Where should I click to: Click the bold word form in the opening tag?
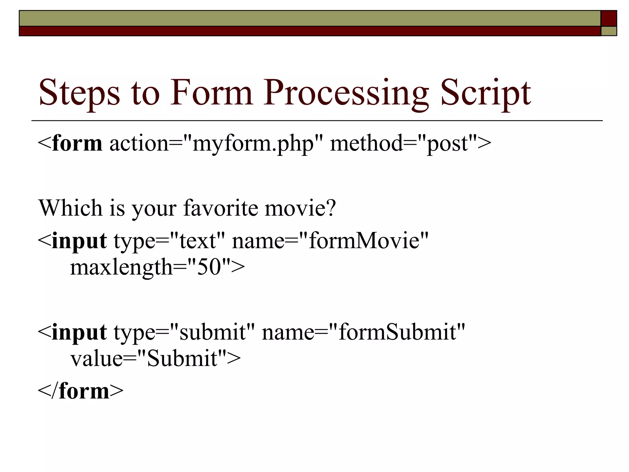point(77,144)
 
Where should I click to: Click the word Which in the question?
point(70,208)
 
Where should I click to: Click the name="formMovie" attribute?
point(330,241)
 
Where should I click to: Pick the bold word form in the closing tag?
point(84,391)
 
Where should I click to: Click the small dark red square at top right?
point(609,18)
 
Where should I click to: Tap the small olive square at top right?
point(609,31)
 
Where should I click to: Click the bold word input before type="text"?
point(79,241)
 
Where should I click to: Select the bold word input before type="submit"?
point(79,332)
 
